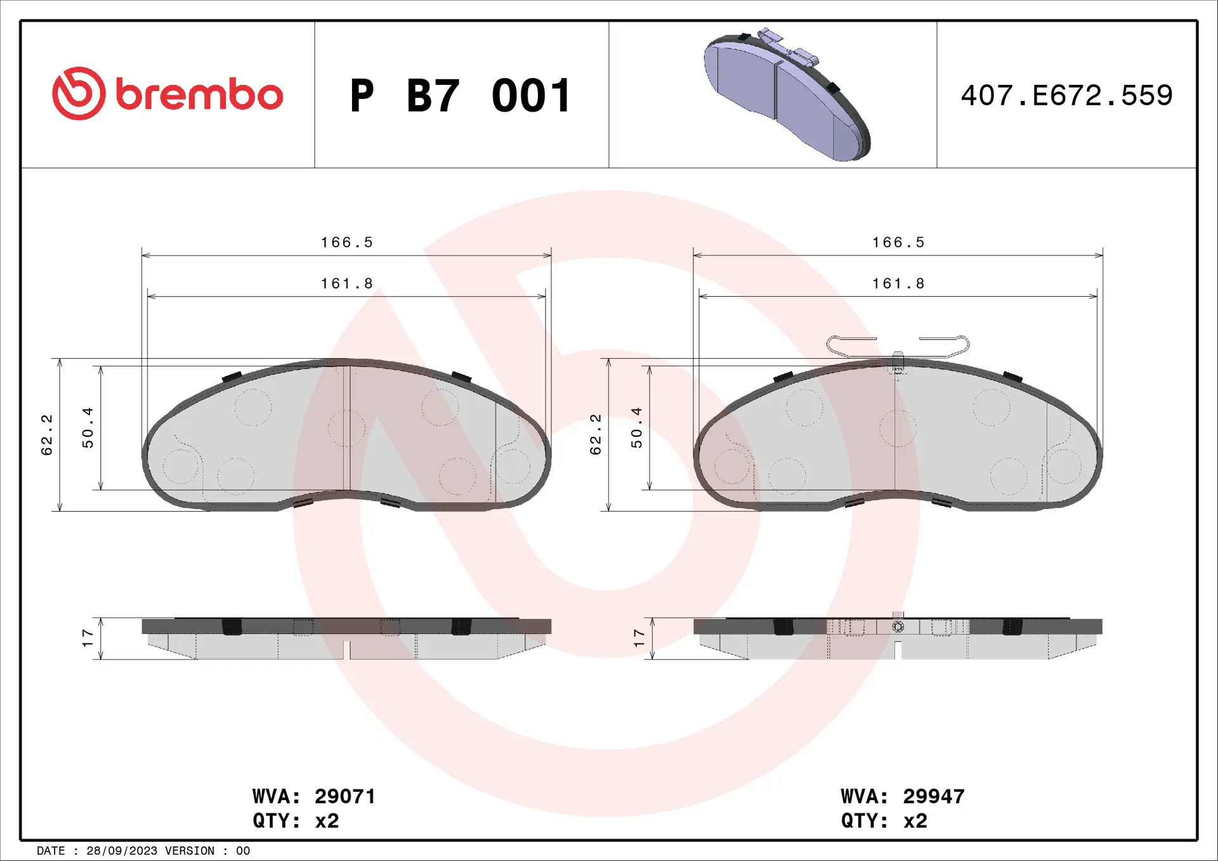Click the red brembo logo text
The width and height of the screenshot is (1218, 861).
point(199,95)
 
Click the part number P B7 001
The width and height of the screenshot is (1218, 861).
point(461,96)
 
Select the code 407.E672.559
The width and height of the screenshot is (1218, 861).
point(1066,96)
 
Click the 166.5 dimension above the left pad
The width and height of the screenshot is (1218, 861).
point(346,242)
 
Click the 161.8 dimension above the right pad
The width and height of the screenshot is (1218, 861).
point(898,283)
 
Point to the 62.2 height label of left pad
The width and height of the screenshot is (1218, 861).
point(47,435)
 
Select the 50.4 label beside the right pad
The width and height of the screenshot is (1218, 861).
point(636,428)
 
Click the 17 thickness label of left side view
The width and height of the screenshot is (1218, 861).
point(88,638)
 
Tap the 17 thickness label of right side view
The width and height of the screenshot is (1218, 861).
point(639,638)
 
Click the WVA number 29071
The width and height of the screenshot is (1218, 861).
point(345,796)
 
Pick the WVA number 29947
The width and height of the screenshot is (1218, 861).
point(934,796)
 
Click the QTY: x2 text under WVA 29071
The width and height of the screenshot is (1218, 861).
point(296,821)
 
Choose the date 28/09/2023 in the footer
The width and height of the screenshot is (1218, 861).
point(121,851)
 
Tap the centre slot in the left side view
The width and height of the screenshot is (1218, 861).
point(346,650)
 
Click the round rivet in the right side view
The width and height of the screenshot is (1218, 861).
point(898,626)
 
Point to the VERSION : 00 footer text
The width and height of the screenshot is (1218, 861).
point(207,851)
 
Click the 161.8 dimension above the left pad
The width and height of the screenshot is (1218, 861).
point(346,283)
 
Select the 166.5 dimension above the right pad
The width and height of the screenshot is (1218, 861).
point(898,242)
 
